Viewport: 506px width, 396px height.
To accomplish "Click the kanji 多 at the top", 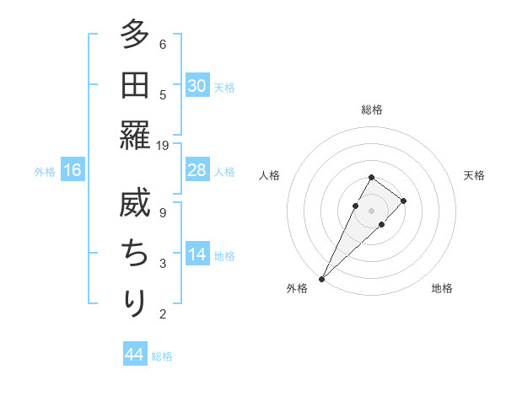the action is [x=135, y=35].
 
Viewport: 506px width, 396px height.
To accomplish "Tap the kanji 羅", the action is [x=135, y=135].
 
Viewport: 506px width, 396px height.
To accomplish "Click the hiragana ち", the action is [x=135, y=254].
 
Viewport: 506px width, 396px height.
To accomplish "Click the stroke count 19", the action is [x=163, y=145].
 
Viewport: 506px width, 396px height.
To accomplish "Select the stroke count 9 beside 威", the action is [x=163, y=212].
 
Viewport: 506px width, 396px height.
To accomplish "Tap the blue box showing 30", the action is [x=196, y=86].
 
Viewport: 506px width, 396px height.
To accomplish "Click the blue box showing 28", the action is [x=196, y=170].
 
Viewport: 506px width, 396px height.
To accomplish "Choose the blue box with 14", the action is [x=196, y=254].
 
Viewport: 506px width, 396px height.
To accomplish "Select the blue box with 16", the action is [x=73, y=171].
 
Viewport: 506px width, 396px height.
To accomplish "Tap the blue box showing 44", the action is [x=134, y=355].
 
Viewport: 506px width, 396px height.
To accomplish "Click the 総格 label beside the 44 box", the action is [x=162, y=356].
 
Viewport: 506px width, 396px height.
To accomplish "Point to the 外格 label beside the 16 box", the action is [x=45, y=172].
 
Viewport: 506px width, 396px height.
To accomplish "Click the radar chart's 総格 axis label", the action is [x=371, y=110].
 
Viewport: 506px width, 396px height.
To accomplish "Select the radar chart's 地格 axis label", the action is [x=442, y=289].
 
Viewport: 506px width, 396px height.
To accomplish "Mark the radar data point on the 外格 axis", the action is [x=321, y=278].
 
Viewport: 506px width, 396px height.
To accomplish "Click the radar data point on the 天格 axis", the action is [x=404, y=201].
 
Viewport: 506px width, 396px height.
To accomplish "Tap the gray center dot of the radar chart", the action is [x=371, y=211].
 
